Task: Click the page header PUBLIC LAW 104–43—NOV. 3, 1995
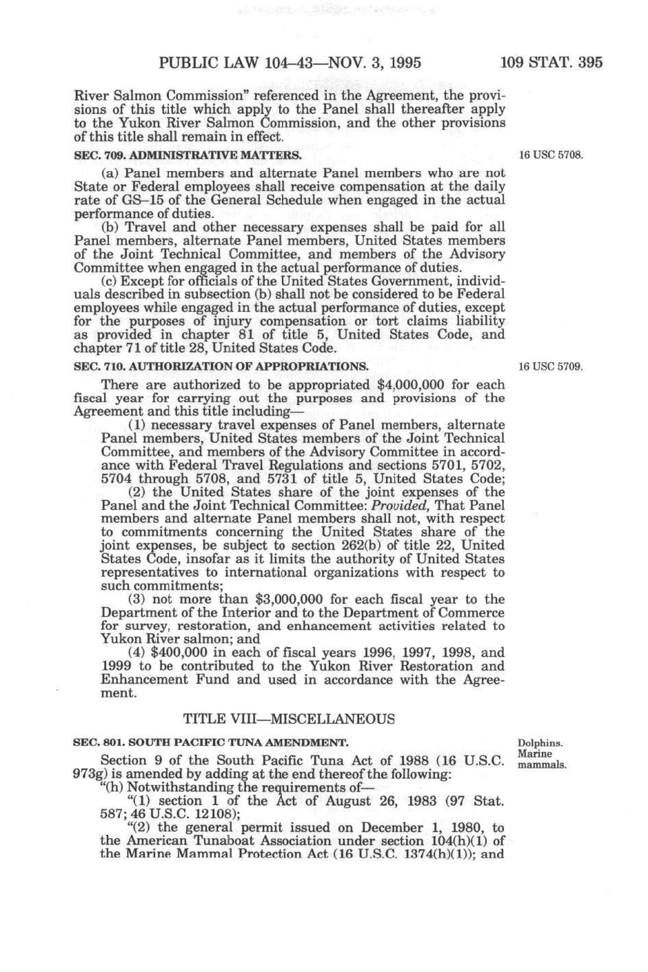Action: point(290,63)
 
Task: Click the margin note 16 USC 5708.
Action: point(551,155)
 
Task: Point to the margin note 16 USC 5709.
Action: point(551,366)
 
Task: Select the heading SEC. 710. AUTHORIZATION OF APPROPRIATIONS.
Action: point(220,366)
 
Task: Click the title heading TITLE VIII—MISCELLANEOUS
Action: point(290,719)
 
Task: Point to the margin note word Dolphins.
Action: point(540,744)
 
